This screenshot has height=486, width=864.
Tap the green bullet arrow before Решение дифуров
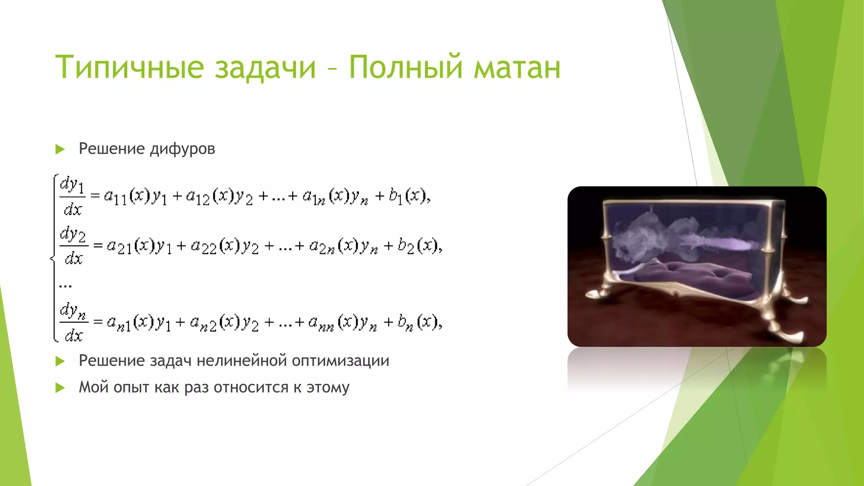click(60, 149)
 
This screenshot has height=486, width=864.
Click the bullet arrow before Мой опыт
click(60, 388)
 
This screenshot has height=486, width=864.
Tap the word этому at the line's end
click(328, 388)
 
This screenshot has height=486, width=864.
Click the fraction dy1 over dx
click(73, 197)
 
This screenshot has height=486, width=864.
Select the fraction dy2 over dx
click(74, 246)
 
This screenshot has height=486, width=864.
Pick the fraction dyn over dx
click(74, 322)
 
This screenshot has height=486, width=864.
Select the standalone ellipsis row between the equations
click(65, 286)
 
